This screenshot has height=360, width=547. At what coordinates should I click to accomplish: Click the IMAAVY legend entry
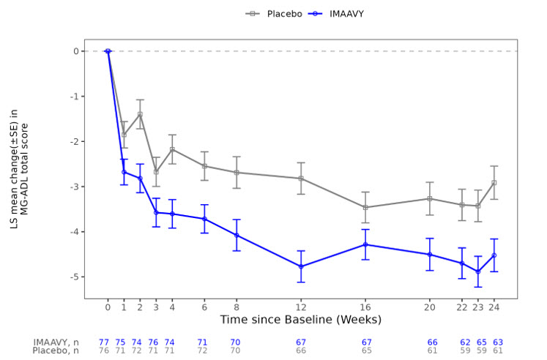[330, 12]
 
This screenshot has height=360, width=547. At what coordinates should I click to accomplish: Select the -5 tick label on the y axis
[75, 277]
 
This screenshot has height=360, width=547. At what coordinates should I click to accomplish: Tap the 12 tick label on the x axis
[301, 308]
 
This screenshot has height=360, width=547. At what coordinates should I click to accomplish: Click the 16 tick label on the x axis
[365, 308]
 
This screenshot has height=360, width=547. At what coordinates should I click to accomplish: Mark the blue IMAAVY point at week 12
[301, 266]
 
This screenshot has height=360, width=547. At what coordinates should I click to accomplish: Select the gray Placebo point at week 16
[365, 208]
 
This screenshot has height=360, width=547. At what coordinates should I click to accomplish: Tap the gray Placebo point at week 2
[140, 114]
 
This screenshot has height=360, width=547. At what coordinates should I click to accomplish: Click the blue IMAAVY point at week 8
[237, 236]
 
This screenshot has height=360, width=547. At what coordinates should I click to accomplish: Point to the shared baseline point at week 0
[108, 51]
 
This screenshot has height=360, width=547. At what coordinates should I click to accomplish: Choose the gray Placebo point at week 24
[494, 183]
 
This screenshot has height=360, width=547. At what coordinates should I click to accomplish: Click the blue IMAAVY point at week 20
[430, 255]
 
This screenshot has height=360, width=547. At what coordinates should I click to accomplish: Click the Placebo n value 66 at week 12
[301, 351]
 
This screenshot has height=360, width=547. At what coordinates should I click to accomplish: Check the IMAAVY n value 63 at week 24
[497, 342]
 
